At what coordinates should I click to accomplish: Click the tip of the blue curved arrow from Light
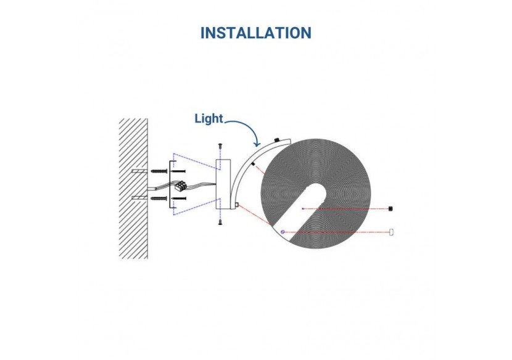(258, 147)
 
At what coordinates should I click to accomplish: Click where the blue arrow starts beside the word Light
(225, 123)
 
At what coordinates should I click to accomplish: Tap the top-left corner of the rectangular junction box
(216, 159)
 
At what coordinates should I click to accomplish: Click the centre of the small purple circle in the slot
(283, 232)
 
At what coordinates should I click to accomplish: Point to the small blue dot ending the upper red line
(303, 208)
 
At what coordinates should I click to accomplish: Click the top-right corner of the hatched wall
(147, 119)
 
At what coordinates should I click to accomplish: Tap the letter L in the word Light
(197, 119)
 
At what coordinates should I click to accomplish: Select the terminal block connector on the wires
(181, 186)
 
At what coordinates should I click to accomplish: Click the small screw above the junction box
(220, 146)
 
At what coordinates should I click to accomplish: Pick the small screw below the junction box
(220, 223)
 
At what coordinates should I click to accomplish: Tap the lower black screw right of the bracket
(179, 198)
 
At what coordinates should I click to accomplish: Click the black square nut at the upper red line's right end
(390, 208)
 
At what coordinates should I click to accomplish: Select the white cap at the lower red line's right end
(391, 232)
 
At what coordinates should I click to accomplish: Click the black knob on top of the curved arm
(277, 140)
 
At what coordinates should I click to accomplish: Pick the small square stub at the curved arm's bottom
(237, 205)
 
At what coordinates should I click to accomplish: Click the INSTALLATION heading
(256, 33)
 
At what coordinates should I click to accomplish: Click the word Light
(209, 119)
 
